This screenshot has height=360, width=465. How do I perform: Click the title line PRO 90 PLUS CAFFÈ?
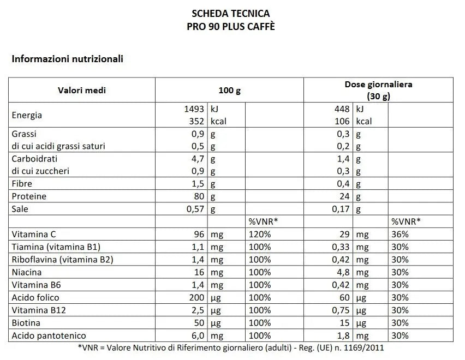[231, 26]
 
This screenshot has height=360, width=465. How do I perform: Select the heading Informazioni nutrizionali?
[67, 58]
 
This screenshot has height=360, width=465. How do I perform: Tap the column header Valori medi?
[82, 90]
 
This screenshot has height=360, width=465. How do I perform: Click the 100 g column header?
[229, 90]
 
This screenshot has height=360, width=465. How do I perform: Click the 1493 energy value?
[194, 109]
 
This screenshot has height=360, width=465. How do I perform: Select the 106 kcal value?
[342, 121]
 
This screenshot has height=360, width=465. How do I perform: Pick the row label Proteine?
[29, 196]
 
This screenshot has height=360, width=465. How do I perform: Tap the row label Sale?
[20, 209]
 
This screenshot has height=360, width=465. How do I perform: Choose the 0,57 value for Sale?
[195, 209]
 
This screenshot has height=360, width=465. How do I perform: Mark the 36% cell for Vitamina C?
[400, 234]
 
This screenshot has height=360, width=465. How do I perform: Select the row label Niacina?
[27, 272]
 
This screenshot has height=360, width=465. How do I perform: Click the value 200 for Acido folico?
[197, 297]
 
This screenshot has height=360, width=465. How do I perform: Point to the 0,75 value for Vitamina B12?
[341, 310]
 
